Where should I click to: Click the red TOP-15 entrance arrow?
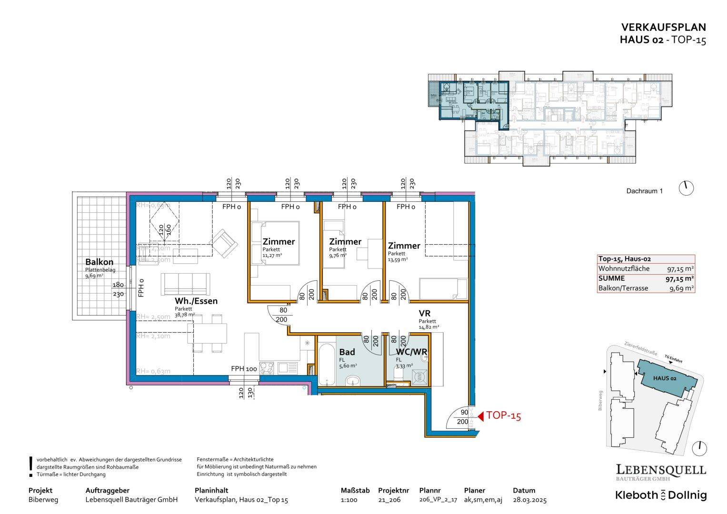click(x=481, y=416)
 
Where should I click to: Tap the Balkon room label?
click(x=99, y=262)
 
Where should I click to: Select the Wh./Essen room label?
click(x=196, y=301)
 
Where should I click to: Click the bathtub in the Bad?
click(x=327, y=365)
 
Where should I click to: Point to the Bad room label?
click(x=347, y=352)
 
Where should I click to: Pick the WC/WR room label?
click(x=411, y=352)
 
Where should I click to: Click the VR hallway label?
click(x=424, y=314)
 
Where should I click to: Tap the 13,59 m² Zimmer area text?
click(x=398, y=259)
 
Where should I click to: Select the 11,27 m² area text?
click(x=272, y=256)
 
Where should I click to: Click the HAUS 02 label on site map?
click(x=665, y=378)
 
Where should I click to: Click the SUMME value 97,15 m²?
click(x=679, y=278)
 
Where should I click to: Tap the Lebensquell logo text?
click(x=661, y=470)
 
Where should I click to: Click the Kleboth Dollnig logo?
click(x=661, y=495)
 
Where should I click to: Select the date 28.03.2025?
click(x=529, y=500)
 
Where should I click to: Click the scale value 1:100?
click(x=349, y=500)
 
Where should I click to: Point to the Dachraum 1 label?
click(x=644, y=191)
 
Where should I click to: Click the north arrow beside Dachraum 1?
click(x=686, y=188)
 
